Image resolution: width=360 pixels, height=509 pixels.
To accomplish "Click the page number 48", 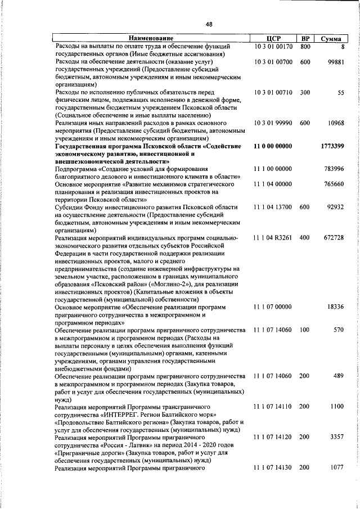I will [209, 24].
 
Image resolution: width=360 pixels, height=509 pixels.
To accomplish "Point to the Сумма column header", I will [331, 38].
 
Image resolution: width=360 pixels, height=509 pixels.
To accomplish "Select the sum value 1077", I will [337, 483].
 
